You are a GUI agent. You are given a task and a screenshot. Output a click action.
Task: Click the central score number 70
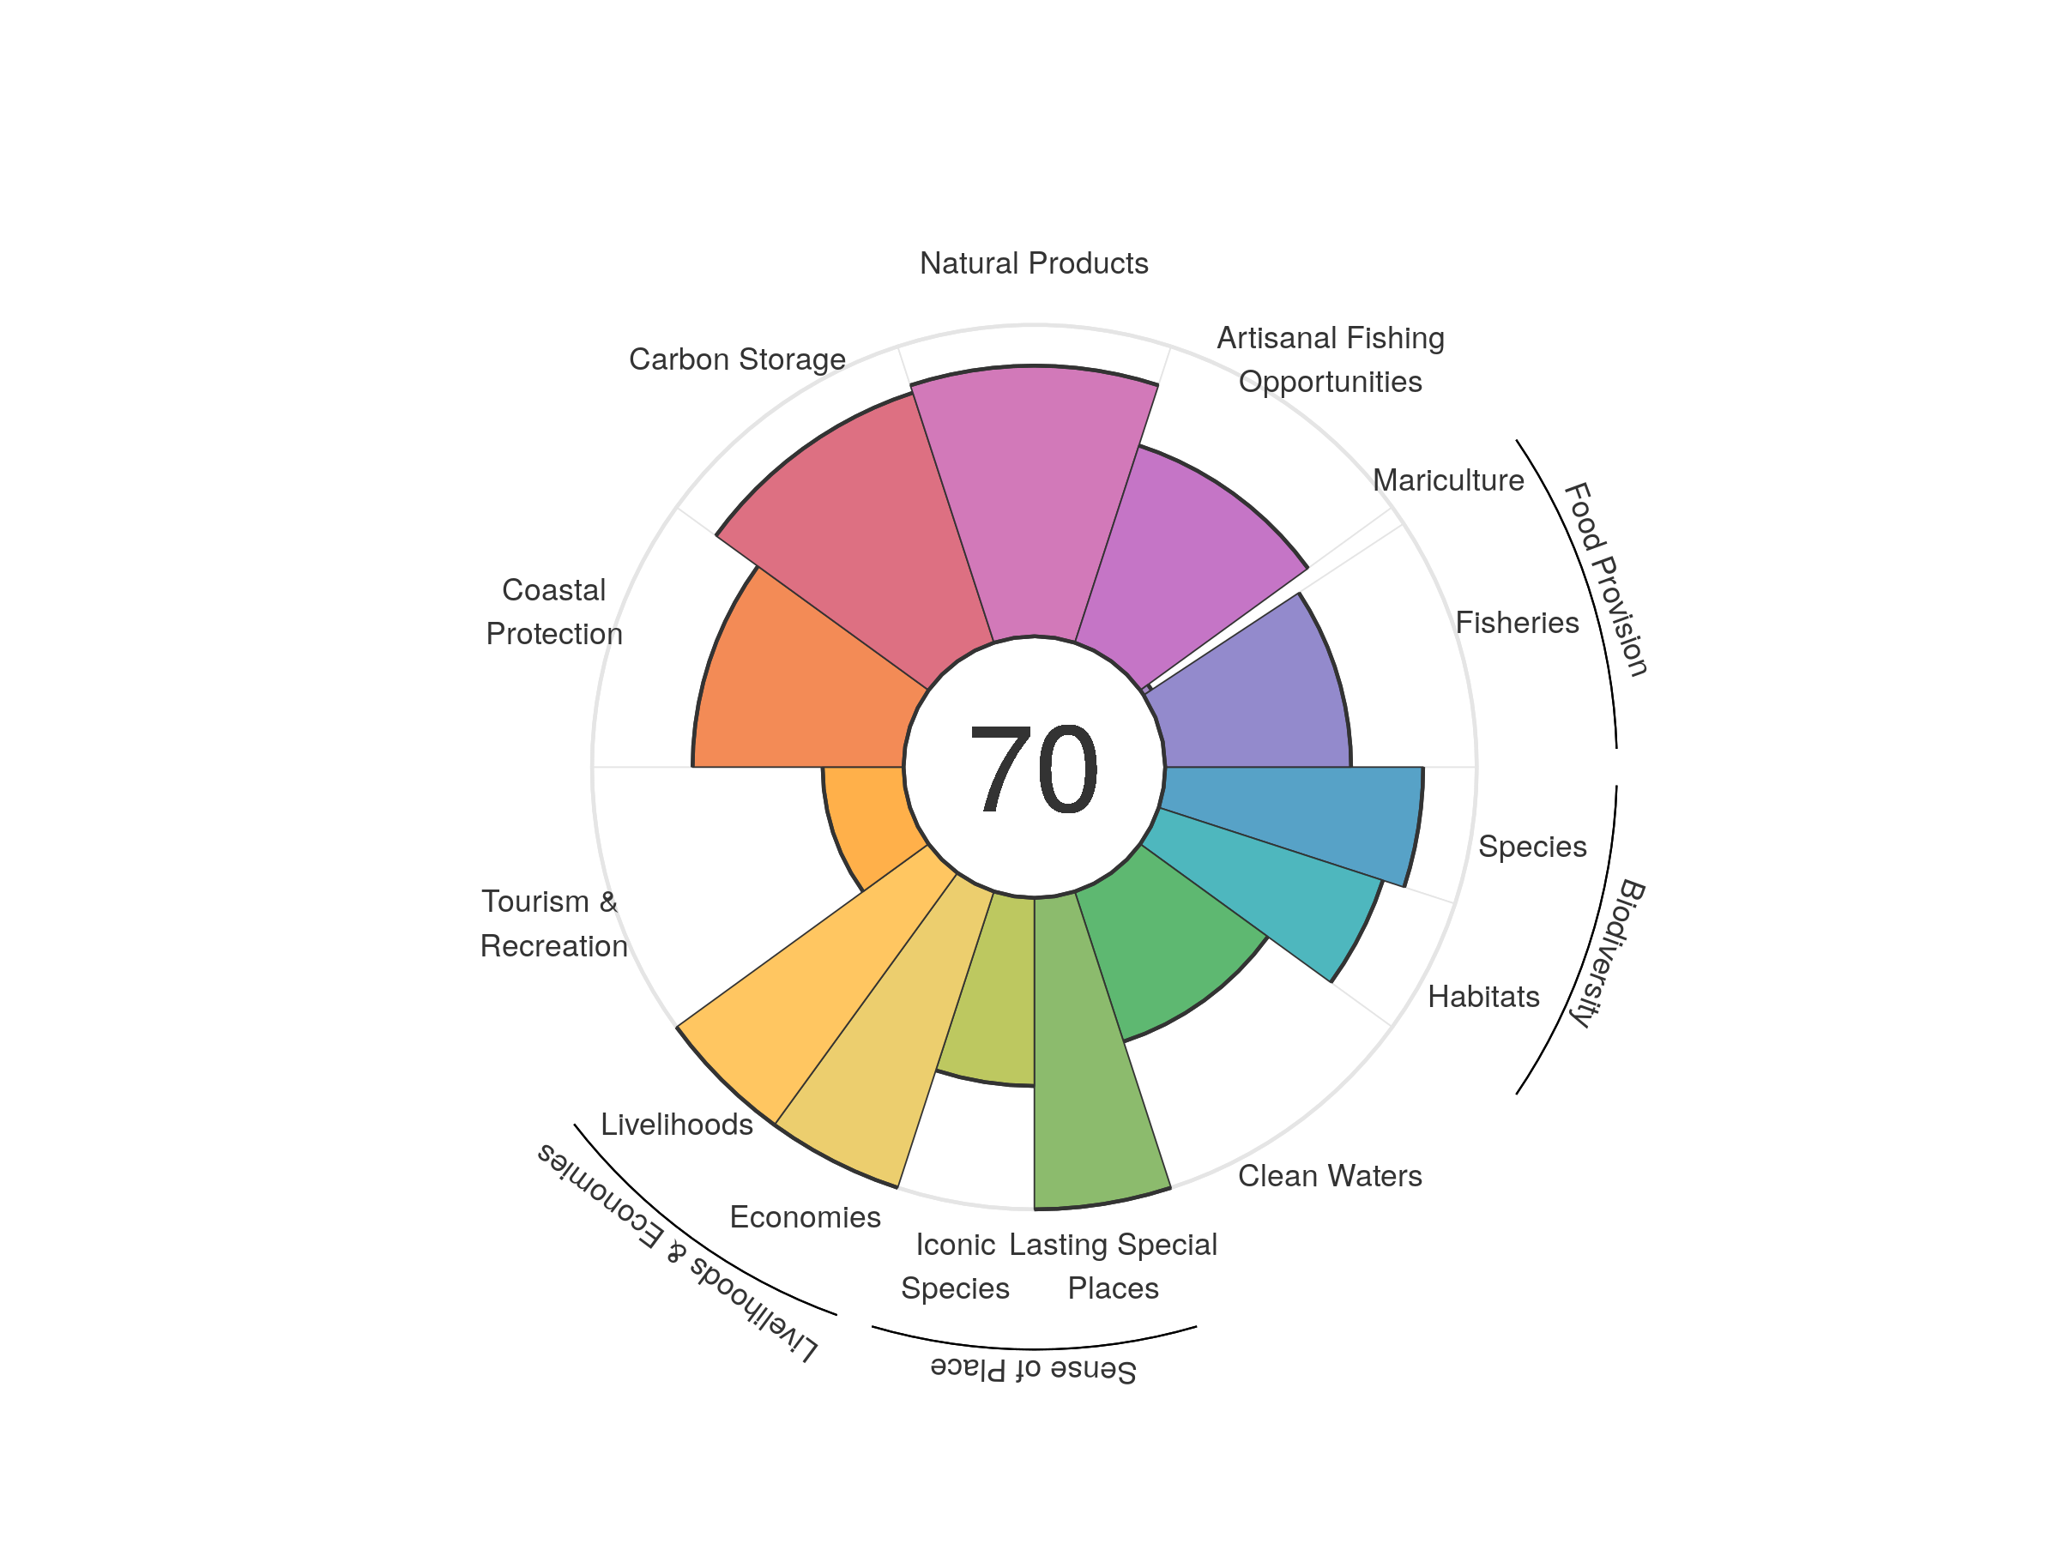click(1033, 769)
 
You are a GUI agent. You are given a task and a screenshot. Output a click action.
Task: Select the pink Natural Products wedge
click(1033, 503)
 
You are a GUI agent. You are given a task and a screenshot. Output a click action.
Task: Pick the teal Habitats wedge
click(1275, 884)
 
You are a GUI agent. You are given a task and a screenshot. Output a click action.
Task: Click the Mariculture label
click(1447, 480)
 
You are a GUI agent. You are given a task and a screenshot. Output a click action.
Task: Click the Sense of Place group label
click(1033, 1369)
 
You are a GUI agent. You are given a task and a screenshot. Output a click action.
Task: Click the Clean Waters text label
click(1329, 1175)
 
